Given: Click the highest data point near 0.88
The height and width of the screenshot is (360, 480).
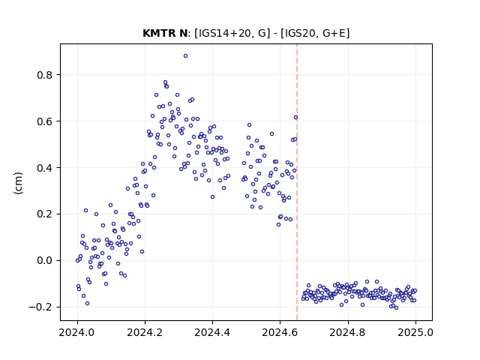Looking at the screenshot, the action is [x=185, y=56].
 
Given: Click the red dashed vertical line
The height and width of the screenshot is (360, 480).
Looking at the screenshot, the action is [x=297, y=182].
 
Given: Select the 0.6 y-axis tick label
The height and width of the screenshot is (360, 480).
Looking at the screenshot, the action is [x=45, y=121].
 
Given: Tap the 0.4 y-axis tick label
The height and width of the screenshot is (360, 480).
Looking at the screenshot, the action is [x=45, y=168].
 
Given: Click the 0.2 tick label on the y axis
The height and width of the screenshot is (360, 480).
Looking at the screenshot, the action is [x=45, y=214].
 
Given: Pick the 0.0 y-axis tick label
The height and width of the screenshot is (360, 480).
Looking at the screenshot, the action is [x=45, y=260].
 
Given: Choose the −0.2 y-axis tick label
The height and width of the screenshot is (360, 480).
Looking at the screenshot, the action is [x=40, y=307].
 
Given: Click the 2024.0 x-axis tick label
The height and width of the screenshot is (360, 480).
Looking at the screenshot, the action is [x=77, y=332].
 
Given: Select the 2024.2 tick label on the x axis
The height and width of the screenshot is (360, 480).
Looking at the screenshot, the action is [x=145, y=332].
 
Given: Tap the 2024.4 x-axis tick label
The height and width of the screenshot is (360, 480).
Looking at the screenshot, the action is [x=212, y=332].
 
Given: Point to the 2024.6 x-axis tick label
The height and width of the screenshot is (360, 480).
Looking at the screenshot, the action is [x=280, y=332].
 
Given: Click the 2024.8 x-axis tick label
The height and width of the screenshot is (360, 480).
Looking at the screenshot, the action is [x=348, y=332].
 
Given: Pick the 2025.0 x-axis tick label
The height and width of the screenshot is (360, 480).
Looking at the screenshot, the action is [x=415, y=332].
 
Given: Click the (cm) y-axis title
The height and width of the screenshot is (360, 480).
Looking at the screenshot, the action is [x=18, y=183].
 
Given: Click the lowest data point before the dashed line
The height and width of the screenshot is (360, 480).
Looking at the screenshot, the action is [x=87, y=303].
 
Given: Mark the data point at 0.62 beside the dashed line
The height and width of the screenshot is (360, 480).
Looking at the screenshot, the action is [x=295, y=118].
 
